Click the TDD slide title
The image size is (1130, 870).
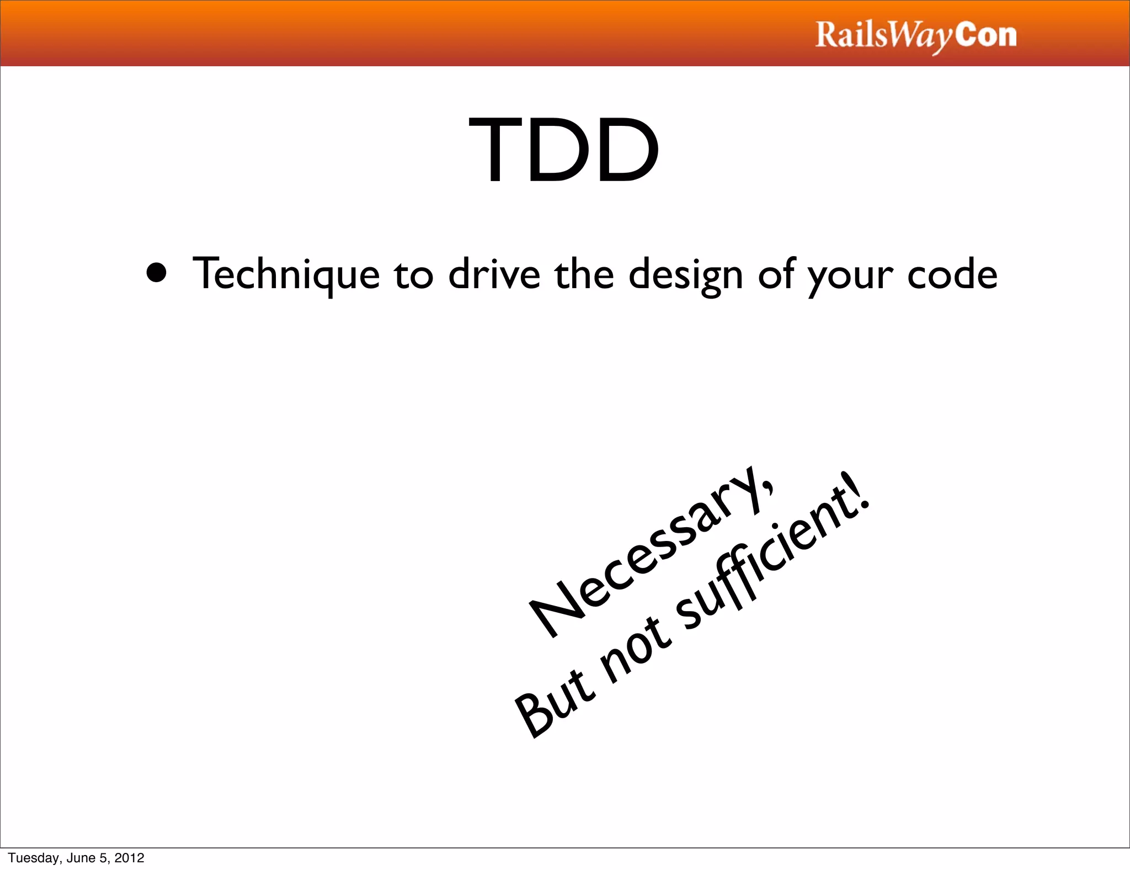click(x=564, y=150)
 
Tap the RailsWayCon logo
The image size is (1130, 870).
click(x=915, y=36)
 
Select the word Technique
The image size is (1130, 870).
click(x=286, y=274)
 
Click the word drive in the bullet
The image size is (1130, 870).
click(x=494, y=274)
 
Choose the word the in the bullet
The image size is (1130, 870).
click(x=584, y=274)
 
